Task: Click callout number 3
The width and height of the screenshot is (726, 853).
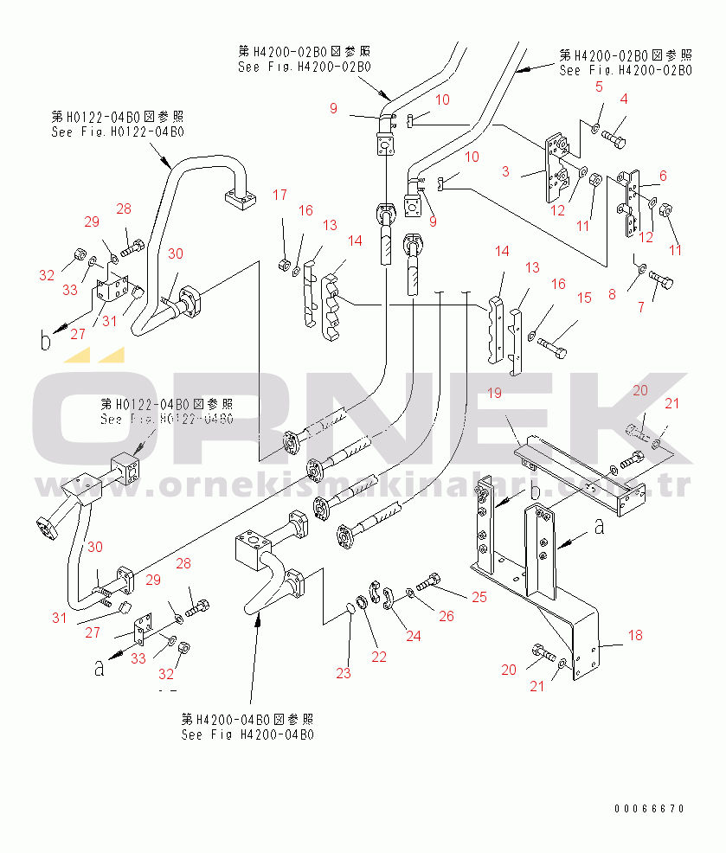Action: pyautogui.click(x=505, y=171)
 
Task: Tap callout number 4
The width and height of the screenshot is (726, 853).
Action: pyautogui.click(x=623, y=99)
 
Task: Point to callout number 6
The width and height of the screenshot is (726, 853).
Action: pyautogui.click(x=663, y=176)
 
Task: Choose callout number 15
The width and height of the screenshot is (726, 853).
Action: pyautogui.click(x=585, y=298)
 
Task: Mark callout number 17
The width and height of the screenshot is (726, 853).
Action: pyautogui.click(x=280, y=196)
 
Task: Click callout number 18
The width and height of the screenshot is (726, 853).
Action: pyautogui.click(x=635, y=636)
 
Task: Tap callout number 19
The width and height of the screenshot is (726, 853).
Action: pyautogui.click(x=494, y=393)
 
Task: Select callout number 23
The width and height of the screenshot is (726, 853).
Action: pyautogui.click(x=344, y=672)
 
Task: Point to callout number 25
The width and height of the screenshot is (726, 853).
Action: pyautogui.click(x=479, y=597)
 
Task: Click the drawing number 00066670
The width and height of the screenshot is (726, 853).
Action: pyautogui.click(x=649, y=809)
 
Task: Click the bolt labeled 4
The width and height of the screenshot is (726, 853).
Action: pyautogui.click(x=615, y=136)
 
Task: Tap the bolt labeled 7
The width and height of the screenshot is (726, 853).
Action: pyautogui.click(x=662, y=279)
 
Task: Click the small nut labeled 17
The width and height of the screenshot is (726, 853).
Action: pyautogui.click(x=283, y=263)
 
